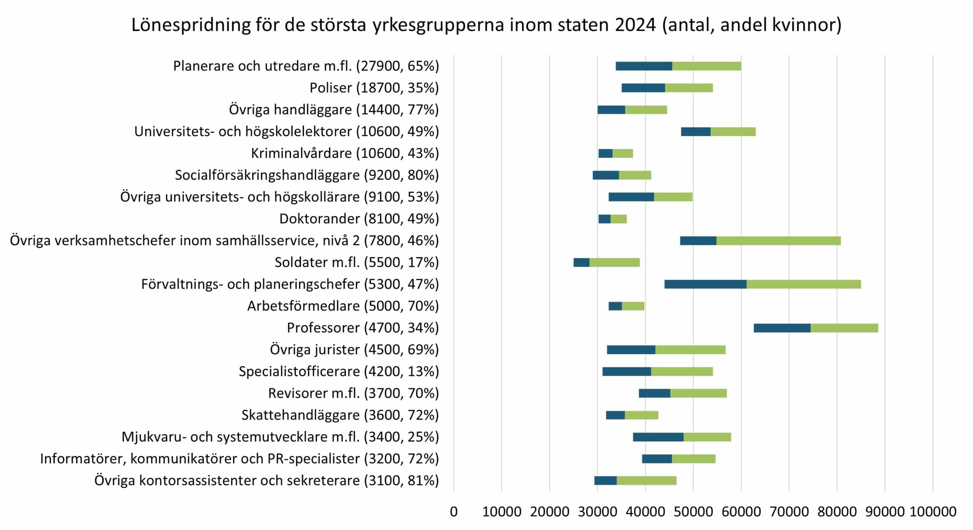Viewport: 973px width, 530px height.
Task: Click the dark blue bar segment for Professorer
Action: (x=782, y=328)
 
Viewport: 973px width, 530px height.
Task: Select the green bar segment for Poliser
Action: (x=689, y=88)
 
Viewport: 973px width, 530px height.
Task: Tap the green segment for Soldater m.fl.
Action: (x=614, y=263)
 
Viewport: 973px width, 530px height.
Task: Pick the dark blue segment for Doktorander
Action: (x=604, y=219)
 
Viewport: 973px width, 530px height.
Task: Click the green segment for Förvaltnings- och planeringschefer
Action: (x=803, y=284)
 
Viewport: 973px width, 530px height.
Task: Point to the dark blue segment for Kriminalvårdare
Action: (x=605, y=153)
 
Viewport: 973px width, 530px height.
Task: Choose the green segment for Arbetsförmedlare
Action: (x=633, y=306)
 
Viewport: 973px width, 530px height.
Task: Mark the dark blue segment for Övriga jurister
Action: (x=631, y=350)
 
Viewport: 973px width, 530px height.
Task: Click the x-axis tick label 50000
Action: (x=693, y=512)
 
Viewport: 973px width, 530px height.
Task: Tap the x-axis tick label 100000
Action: (x=933, y=512)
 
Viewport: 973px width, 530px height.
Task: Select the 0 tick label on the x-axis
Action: (x=453, y=512)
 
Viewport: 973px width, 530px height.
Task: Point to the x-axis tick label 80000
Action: (x=837, y=512)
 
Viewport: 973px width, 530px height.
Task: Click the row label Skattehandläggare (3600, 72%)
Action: (x=340, y=415)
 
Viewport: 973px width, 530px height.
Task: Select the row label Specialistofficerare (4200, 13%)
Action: (x=339, y=371)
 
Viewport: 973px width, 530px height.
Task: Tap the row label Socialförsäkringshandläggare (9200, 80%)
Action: (x=307, y=175)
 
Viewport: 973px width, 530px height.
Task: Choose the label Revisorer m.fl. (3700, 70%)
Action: (x=353, y=393)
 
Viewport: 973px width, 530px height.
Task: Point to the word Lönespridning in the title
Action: (x=191, y=25)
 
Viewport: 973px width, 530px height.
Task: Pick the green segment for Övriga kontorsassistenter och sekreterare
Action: (x=646, y=481)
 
